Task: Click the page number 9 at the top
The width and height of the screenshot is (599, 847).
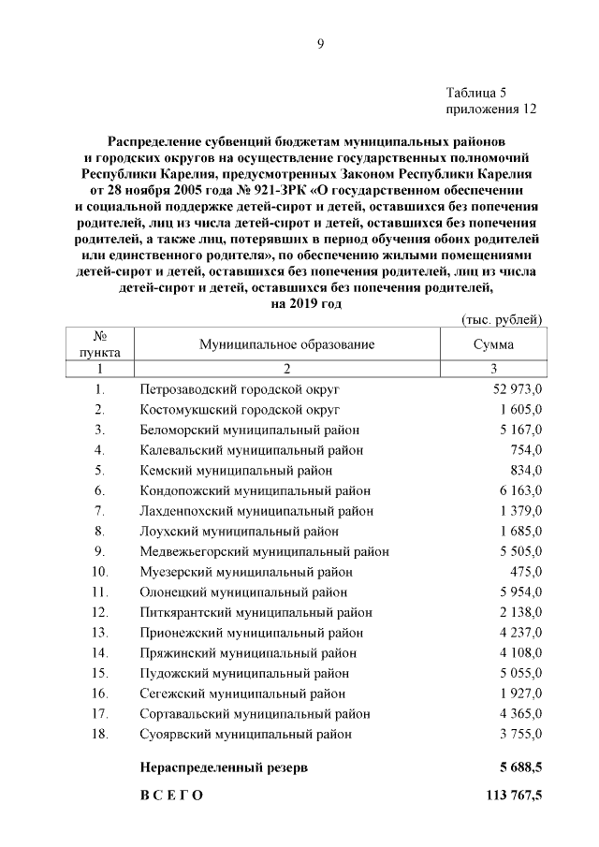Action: [319, 43]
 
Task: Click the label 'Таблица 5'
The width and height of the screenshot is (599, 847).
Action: [476, 93]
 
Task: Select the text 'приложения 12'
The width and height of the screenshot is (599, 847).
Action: [491, 109]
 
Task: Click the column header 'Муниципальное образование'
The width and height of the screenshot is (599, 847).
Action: [286, 344]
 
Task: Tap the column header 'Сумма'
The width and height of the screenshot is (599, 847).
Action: [492, 344]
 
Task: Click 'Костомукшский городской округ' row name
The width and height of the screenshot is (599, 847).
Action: [240, 409]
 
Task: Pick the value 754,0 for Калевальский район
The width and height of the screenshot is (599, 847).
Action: [525, 450]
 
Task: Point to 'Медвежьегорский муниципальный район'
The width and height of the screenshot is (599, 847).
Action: [264, 551]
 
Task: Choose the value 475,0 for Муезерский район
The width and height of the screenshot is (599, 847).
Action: [525, 572]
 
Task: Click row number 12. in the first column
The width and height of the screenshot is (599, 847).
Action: [99, 612]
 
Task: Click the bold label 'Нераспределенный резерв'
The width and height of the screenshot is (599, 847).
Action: [224, 767]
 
